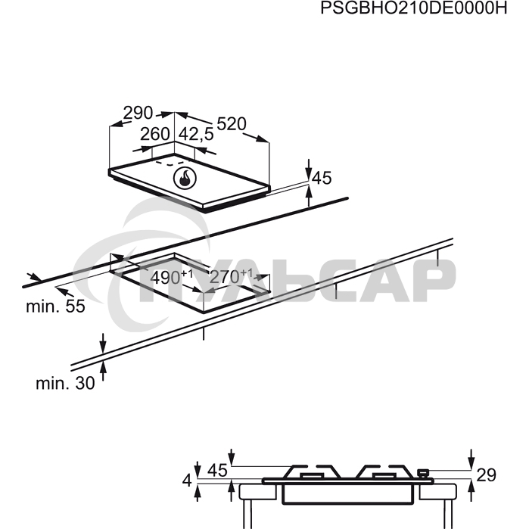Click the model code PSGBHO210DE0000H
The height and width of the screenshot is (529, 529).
click(414, 8)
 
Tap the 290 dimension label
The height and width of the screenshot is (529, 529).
click(138, 113)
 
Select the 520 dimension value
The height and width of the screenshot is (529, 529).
click(232, 124)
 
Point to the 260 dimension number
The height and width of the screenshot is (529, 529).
click(155, 134)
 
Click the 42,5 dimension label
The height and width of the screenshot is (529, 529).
click(196, 134)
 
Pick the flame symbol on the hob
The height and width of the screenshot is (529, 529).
click(185, 178)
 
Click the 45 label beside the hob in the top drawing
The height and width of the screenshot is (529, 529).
click(322, 178)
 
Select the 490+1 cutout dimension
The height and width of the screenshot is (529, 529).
click(172, 277)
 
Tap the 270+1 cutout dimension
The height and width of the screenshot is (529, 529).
click(231, 277)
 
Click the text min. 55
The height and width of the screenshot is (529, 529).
click(56, 307)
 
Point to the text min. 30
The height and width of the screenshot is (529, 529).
click(65, 383)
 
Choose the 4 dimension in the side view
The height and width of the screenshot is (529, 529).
click(187, 481)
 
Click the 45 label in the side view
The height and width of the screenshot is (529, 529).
click(217, 470)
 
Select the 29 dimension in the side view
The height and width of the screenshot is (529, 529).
click(486, 475)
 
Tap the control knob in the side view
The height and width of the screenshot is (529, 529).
click(423, 473)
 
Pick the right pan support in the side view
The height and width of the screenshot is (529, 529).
click(385, 471)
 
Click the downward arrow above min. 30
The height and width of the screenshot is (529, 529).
click(103, 343)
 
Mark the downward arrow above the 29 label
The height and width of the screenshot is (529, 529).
click(471, 459)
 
